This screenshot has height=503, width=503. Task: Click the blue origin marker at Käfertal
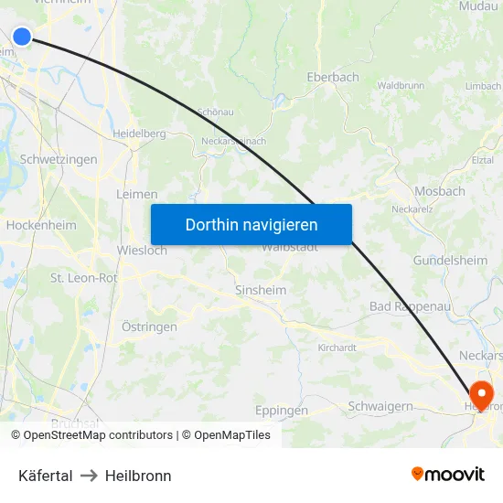click(22, 36)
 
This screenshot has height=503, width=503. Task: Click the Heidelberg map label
click(139, 134)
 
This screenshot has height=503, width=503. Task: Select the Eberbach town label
click(333, 78)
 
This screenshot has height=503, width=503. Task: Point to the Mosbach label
click(439, 191)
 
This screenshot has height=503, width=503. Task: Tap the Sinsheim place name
click(261, 290)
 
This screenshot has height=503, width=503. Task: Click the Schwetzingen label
click(59, 159)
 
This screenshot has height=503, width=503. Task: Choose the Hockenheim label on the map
click(41, 225)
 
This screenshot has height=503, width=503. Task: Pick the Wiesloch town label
click(142, 250)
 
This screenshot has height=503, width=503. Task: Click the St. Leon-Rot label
click(83, 278)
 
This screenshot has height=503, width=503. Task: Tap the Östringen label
click(149, 326)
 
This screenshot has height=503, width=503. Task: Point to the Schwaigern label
click(380, 406)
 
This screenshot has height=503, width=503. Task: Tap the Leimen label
click(137, 194)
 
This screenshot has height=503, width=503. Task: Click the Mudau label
click(479, 6)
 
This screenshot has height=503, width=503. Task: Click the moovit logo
click(447, 474)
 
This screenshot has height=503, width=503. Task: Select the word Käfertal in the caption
click(46, 476)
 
